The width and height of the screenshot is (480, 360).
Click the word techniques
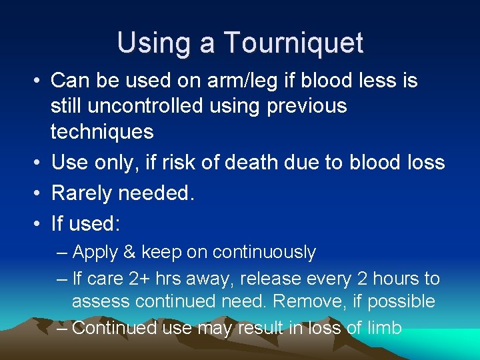tap(102, 131)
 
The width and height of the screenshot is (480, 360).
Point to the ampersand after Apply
tap(129, 253)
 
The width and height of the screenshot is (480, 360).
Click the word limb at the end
tap(383, 328)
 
